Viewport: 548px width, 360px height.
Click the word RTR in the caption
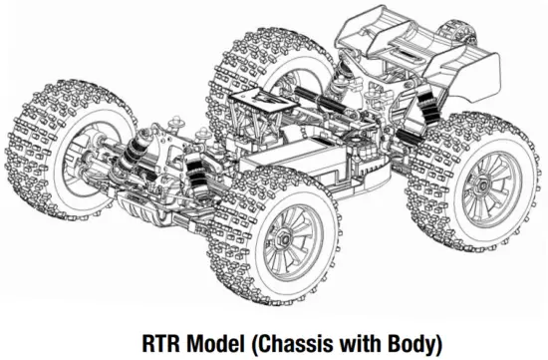161,344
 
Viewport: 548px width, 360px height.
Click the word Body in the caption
412,345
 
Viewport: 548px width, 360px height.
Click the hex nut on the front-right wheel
284,239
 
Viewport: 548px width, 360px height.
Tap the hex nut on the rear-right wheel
482,184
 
